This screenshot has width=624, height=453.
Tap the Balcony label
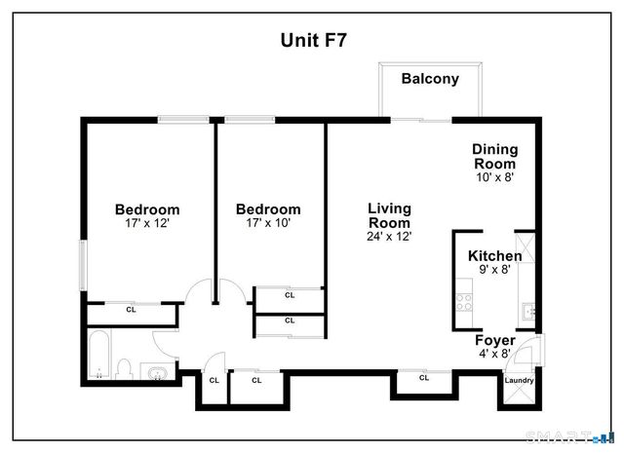pyautogui.click(x=430, y=80)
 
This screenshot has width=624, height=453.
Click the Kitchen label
pyautogui.click(x=494, y=255)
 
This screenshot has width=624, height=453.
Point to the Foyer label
pyautogui.click(x=495, y=340)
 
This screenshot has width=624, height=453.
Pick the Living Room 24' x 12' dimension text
pyautogui.click(x=389, y=236)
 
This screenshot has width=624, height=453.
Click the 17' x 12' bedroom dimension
pyautogui.click(x=147, y=223)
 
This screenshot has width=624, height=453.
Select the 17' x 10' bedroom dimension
pyautogui.click(x=268, y=223)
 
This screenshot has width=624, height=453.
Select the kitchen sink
pyautogui.click(x=526, y=312)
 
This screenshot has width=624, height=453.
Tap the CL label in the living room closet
pyautogui.click(x=424, y=377)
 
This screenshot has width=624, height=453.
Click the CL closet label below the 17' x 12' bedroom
pyautogui.click(x=131, y=310)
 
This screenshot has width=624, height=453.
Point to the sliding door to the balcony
pyautogui.click(x=421, y=120)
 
